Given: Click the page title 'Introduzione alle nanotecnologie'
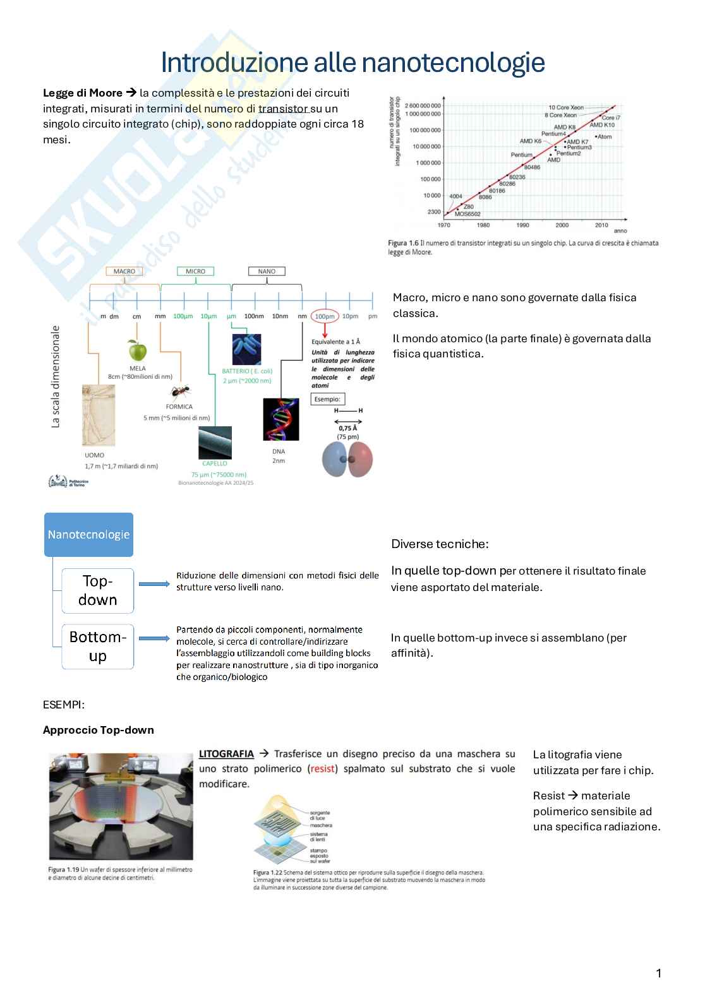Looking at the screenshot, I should coord(352,63).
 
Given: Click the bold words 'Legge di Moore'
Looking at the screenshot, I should coord(82,93).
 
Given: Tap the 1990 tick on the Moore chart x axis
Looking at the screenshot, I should coord(522,225).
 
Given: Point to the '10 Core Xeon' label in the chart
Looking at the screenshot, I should coord(565,107).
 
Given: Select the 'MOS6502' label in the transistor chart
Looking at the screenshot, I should coord(467,214).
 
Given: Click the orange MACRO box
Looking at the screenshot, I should coord(124,272).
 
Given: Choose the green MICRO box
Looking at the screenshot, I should coord(195,272).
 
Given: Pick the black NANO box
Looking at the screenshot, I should coord(267,272).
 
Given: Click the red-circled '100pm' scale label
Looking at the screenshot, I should coord(325,316).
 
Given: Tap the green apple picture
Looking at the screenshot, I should coord(137,350).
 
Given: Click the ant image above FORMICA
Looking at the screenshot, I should coord(181,393).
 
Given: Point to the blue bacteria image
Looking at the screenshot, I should coord(246,349).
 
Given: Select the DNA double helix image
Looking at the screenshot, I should coord(280,419).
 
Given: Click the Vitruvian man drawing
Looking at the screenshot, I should coord(99,415).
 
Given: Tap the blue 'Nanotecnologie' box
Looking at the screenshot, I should coord(88,534).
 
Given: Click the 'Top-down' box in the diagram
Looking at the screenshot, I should coord(98,590).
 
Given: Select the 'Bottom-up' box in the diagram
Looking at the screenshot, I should coord(98,646).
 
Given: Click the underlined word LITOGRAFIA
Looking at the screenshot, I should coord(226,754).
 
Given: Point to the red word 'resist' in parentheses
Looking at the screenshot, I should coord(322,769).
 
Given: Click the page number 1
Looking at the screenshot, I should coord(659,973).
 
